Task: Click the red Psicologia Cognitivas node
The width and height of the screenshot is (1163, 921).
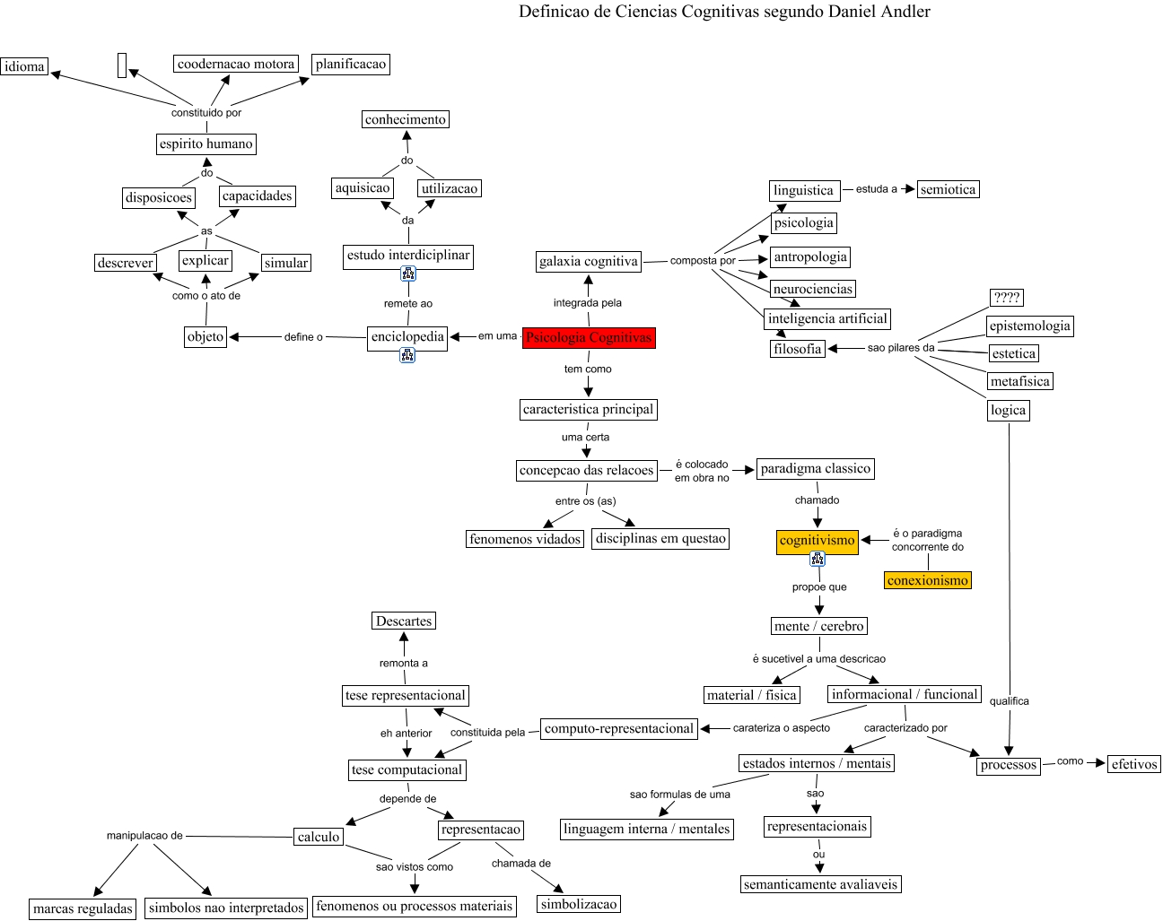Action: pos(589,337)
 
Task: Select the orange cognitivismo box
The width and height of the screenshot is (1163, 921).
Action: pos(817,541)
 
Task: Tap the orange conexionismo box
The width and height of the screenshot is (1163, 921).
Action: pos(927,580)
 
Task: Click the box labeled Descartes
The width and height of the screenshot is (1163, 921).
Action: pos(404,621)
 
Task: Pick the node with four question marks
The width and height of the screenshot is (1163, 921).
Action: pos(1007,298)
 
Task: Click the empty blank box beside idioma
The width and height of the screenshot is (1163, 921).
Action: pos(122,65)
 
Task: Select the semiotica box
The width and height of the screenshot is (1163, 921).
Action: pos(948,189)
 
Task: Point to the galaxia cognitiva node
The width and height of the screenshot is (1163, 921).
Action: pos(589,261)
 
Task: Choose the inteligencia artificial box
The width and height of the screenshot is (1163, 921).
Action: pos(827,318)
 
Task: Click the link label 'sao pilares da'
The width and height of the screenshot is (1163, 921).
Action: pos(900,348)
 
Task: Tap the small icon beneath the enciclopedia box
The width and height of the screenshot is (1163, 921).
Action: pos(407,356)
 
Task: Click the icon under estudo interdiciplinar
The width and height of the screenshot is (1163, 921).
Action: pos(408,274)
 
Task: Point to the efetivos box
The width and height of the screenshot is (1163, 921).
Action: pos(1134,764)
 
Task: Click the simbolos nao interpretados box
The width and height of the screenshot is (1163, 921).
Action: pos(226,908)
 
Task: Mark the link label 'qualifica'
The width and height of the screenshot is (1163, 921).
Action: pos(1009,701)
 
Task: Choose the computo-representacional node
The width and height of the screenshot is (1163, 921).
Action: pos(619,728)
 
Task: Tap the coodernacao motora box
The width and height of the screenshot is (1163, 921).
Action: pos(236,64)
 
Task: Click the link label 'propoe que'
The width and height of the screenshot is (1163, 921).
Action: pos(819,587)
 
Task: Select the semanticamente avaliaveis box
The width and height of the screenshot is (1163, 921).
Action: pos(820,884)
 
